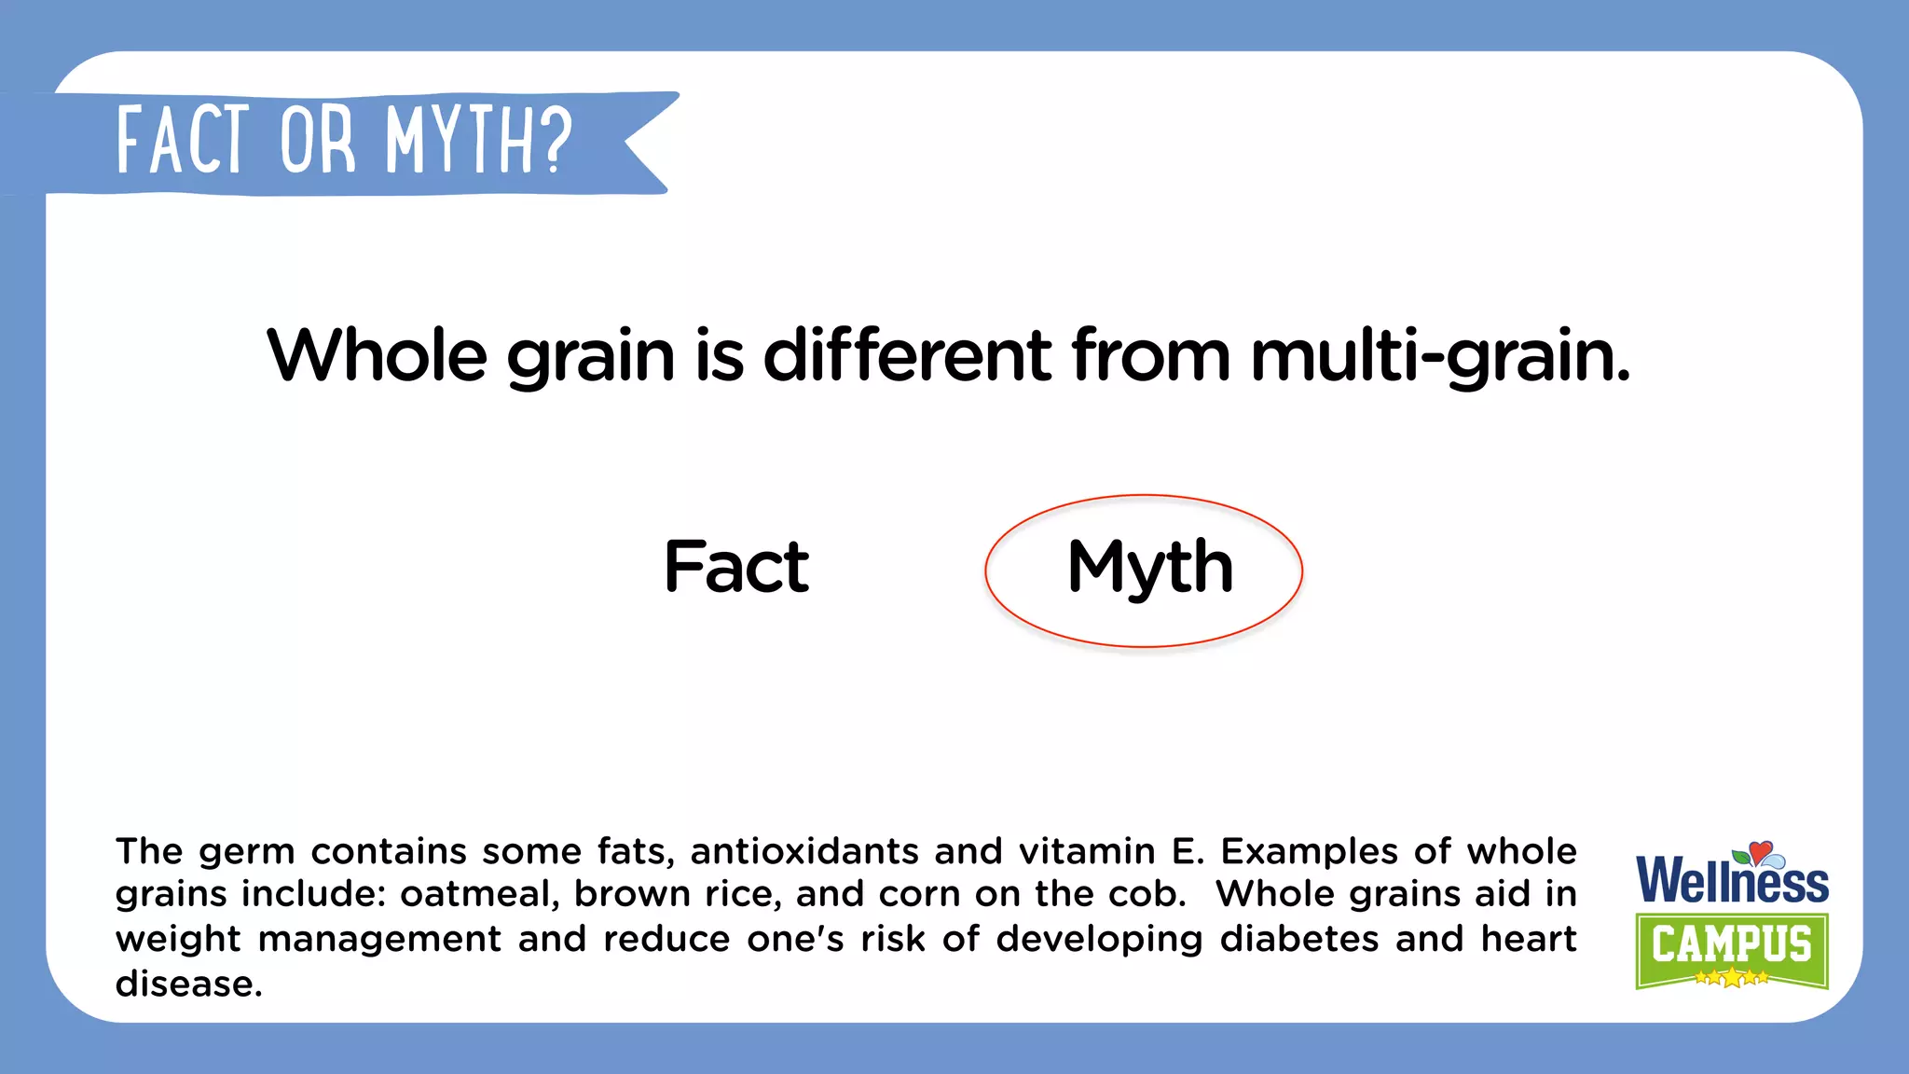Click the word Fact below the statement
(736, 567)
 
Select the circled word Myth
(1149, 567)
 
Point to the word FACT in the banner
(184, 140)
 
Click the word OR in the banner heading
(318, 140)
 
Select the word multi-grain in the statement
(1440, 357)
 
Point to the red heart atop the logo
(1760, 851)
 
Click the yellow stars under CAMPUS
(1731, 977)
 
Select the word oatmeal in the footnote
(480, 894)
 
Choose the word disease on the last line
(188, 984)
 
